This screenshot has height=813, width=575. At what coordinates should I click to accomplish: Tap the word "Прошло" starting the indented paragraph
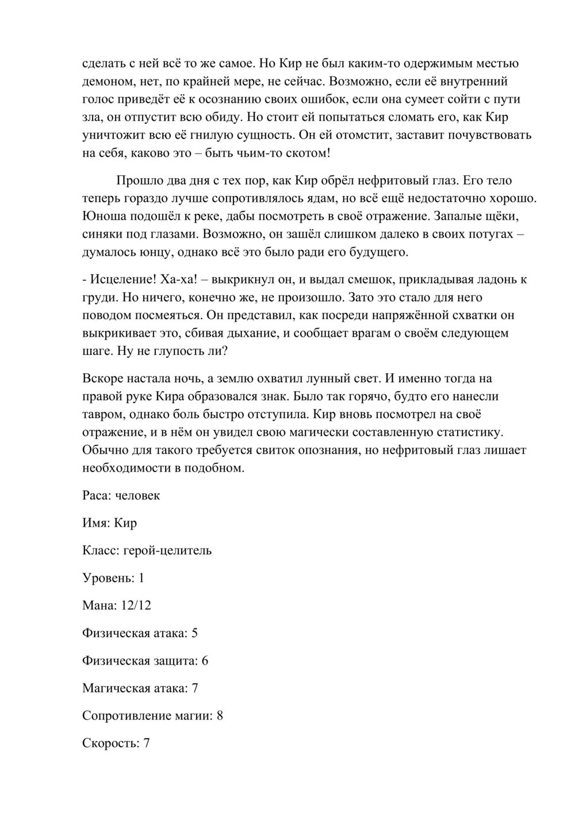click(x=137, y=181)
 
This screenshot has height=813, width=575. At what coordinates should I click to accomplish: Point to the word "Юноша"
click(x=101, y=217)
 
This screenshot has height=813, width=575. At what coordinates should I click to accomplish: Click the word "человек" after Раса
click(x=137, y=496)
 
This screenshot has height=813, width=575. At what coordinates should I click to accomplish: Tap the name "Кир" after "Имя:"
click(x=125, y=523)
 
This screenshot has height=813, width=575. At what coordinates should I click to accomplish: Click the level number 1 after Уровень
click(x=141, y=578)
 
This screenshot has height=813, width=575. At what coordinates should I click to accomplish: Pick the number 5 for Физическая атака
click(x=194, y=633)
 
